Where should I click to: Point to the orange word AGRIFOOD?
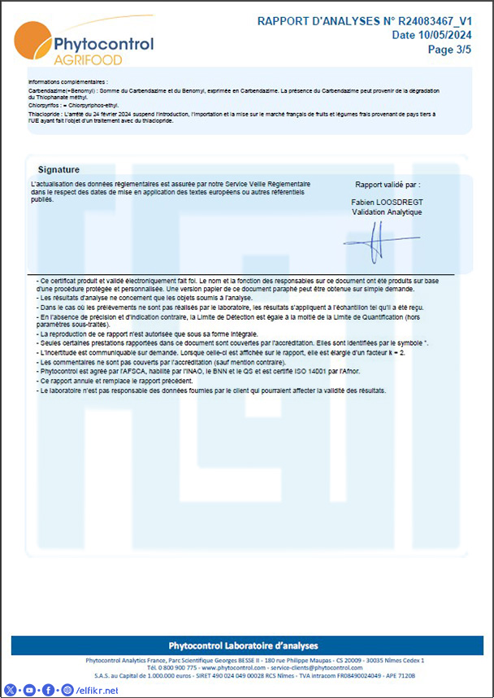click(x=88, y=60)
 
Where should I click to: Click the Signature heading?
click(x=58, y=169)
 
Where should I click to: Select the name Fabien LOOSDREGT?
click(x=387, y=201)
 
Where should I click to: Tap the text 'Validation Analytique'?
click(x=387, y=212)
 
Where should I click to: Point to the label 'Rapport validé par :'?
click(x=388, y=185)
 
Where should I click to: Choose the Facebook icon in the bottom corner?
click(x=48, y=690)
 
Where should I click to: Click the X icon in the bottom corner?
click(x=11, y=690)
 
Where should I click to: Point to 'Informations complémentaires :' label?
click(x=67, y=82)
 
